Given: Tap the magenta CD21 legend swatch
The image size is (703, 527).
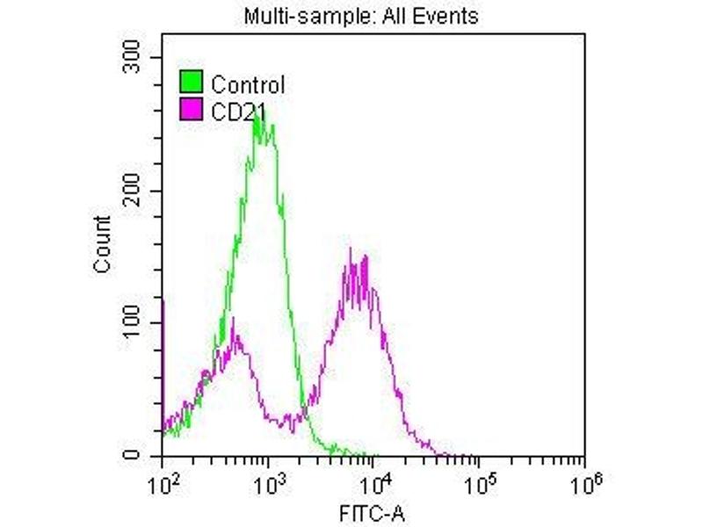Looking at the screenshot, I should [x=191, y=109].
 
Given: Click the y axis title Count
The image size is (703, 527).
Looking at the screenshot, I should [x=102, y=243].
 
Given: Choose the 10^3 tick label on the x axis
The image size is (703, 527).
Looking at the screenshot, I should [x=268, y=479].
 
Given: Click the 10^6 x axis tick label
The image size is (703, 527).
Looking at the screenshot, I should [x=584, y=479].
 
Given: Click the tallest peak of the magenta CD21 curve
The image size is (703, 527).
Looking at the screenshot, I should [x=351, y=250].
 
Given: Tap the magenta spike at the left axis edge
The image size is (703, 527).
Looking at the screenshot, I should [x=163, y=303].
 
